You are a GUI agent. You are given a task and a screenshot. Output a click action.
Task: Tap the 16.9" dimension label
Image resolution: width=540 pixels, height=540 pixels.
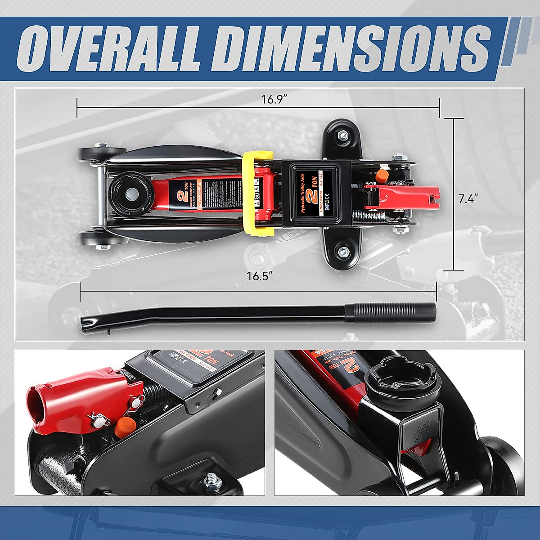coord(274,99)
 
